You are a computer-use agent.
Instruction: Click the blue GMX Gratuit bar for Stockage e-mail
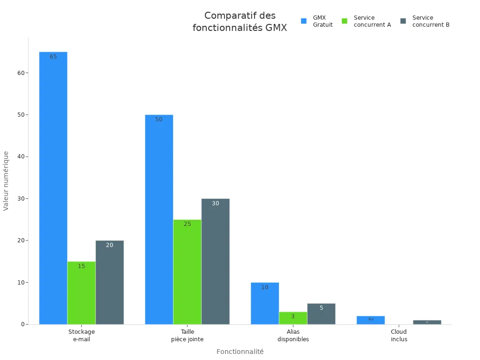pos(53,187)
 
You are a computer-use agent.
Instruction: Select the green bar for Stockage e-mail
pos(81,292)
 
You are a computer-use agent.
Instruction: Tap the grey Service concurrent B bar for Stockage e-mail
pos(110,282)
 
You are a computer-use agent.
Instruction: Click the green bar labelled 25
pos(187,272)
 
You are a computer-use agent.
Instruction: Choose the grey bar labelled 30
pos(216,261)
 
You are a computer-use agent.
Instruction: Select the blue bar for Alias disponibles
pos(265,303)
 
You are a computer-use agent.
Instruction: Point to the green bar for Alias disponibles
pos(293,318)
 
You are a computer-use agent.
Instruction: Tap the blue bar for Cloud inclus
pos(370,320)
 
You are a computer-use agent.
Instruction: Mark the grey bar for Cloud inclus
pos(427,322)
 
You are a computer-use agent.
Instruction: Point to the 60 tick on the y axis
pos(22,73)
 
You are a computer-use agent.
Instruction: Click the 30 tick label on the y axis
pos(22,199)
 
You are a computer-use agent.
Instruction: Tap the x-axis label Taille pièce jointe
pos(187,335)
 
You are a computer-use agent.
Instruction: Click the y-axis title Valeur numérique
pos(6,180)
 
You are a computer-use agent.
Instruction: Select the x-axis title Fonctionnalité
pos(240,352)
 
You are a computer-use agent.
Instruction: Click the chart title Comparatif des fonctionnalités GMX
pos(240,22)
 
